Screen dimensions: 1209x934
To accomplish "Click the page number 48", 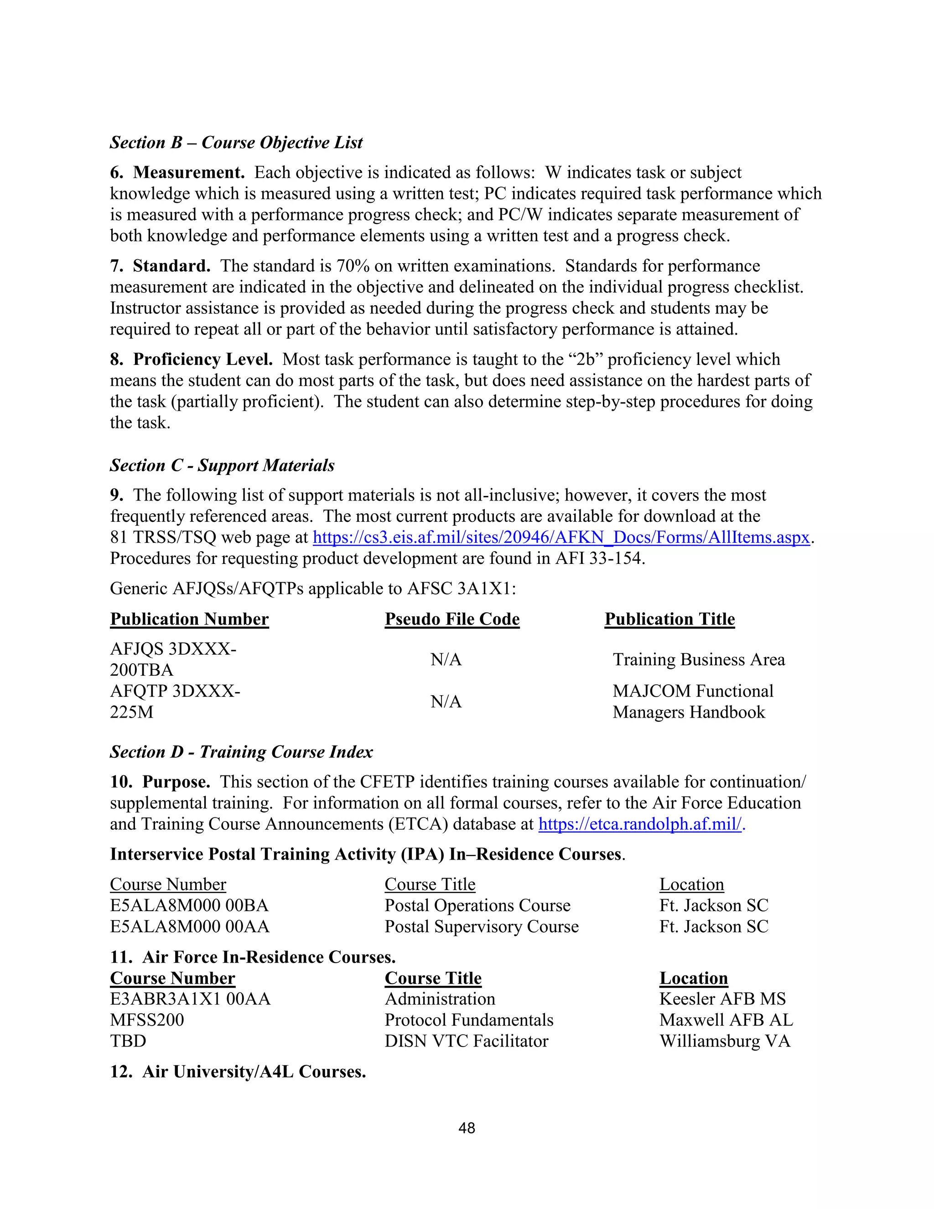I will pyautogui.click(x=467, y=1128).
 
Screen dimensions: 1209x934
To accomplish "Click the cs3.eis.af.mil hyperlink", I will pyautogui.click(x=561, y=537).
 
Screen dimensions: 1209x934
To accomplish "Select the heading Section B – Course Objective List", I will pyautogui.click(x=236, y=143).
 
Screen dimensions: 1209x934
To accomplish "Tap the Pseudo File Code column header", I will pyautogui.click(x=452, y=619).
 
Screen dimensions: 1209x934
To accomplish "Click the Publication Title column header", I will pyautogui.click(x=669, y=619).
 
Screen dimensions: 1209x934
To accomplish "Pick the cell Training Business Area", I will pyautogui.click(x=698, y=660).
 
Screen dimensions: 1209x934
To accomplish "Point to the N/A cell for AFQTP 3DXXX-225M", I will pyautogui.click(x=446, y=702).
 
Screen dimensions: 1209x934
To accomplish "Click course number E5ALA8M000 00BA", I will pyautogui.click(x=189, y=906).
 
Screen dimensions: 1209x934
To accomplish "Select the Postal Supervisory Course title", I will pyautogui.click(x=482, y=927).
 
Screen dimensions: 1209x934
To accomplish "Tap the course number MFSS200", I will pyautogui.click(x=147, y=1020).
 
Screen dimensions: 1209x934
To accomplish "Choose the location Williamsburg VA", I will pyautogui.click(x=725, y=1041).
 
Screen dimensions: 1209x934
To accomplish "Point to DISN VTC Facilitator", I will pyautogui.click(x=466, y=1041).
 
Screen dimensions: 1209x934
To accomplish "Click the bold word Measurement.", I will pyautogui.click(x=188, y=173).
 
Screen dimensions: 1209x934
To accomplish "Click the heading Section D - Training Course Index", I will pyautogui.click(x=241, y=752).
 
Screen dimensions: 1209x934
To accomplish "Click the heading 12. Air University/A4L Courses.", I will pyautogui.click(x=238, y=1072).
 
